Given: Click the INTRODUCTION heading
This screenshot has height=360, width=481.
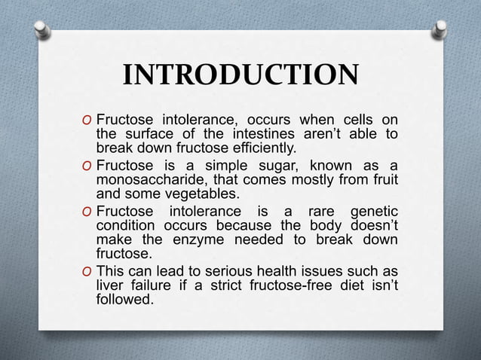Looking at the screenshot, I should [x=240, y=76].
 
